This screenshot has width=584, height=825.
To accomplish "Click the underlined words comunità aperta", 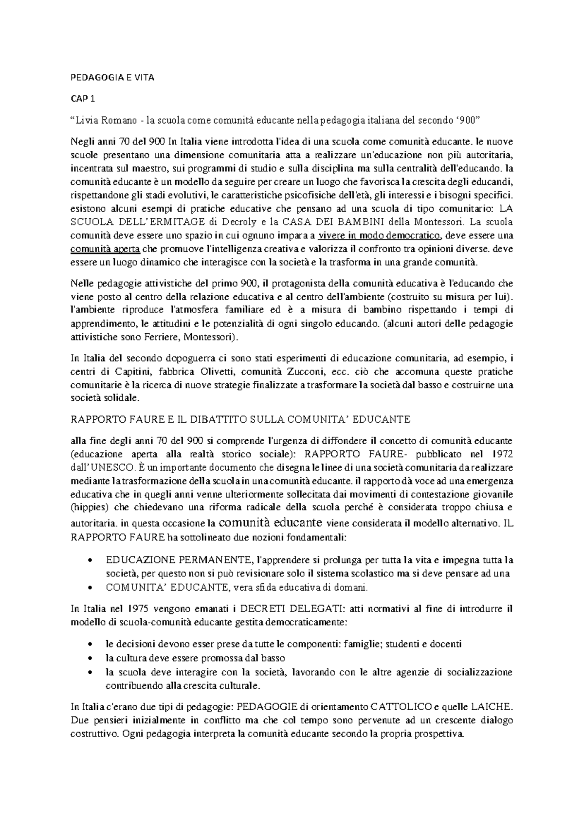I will (105, 250).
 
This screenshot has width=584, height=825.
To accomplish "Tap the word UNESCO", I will (110, 467).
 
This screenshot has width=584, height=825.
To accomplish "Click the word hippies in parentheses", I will (86, 507).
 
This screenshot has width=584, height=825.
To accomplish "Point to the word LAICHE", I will (494, 707).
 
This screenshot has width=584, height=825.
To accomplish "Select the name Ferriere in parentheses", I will (162, 337).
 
